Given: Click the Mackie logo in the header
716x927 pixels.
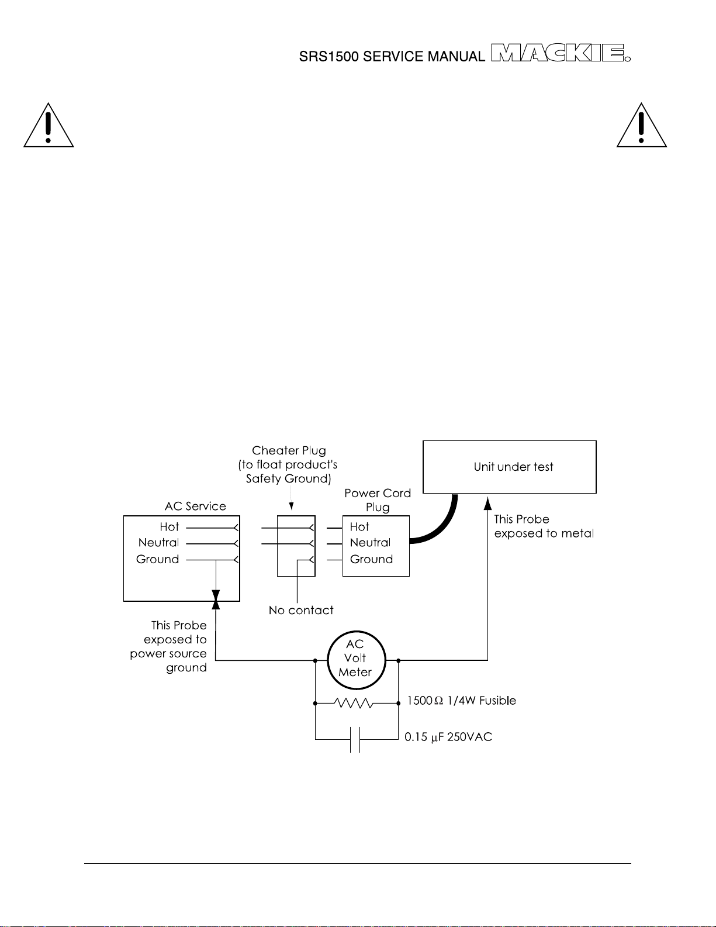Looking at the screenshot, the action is pyautogui.click(x=561, y=53).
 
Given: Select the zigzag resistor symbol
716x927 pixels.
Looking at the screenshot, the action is pyautogui.click(x=353, y=702).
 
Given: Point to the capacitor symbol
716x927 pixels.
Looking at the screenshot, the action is pyautogui.click(x=355, y=739).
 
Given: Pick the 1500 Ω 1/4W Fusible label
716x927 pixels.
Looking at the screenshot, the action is pyautogui.click(x=462, y=701).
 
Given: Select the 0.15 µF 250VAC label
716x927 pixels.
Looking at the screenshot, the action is pyautogui.click(x=448, y=737).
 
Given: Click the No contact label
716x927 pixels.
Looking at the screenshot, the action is pyautogui.click(x=301, y=610).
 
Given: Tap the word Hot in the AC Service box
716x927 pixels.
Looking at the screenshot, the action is pyautogui.click(x=169, y=527).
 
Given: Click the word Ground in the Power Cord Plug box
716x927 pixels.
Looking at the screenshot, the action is pyautogui.click(x=371, y=559).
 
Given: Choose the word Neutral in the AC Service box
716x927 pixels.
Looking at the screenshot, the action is pyautogui.click(x=158, y=543).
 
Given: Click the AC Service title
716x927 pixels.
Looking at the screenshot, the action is pyautogui.click(x=195, y=506).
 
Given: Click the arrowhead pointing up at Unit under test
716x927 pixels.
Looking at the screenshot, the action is pyautogui.click(x=488, y=504).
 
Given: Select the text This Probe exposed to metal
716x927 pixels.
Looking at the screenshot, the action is pyautogui.click(x=544, y=526).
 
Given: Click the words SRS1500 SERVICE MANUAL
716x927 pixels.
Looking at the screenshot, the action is pyautogui.click(x=392, y=56).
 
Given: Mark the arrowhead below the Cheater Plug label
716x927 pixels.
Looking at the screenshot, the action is pyautogui.click(x=291, y=506).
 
